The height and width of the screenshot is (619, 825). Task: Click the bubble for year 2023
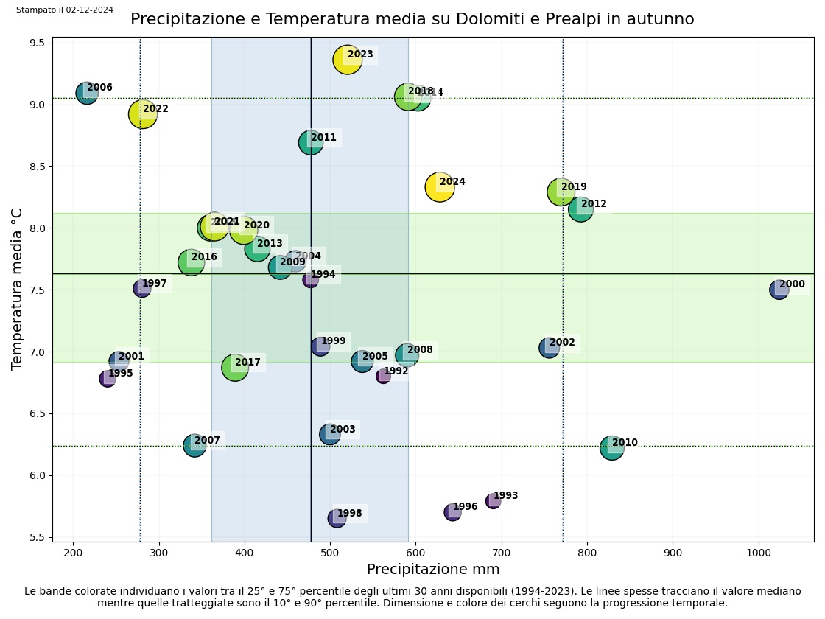347,60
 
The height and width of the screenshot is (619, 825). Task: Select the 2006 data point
87,93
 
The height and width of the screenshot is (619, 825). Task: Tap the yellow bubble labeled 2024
440,187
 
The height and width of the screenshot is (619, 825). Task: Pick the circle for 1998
337,519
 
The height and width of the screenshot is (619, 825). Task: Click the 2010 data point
611,448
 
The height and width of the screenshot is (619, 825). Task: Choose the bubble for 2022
143,113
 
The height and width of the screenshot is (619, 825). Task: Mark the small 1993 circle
493,501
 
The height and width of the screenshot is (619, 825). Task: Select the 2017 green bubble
234,367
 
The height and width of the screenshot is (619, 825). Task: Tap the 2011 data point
310,143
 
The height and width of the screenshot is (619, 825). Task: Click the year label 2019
574,187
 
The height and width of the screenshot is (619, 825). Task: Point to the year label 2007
207,441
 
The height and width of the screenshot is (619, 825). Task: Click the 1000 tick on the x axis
759,552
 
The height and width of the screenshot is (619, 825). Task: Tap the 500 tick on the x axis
330,552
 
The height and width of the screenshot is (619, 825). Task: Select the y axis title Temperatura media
18,289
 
